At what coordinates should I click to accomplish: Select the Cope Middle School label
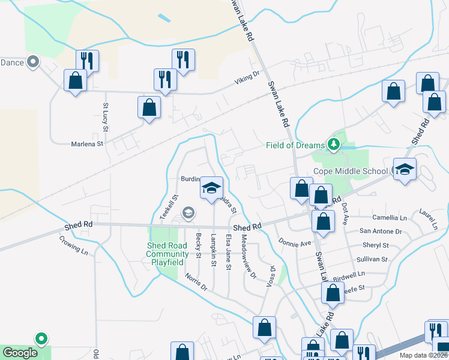click(351, 171)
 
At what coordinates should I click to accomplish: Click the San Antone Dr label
click(381, 231)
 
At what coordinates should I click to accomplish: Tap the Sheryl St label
click(376, 245)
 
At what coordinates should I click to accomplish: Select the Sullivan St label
click(373, 260)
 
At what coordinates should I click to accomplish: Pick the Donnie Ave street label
click(295, 243)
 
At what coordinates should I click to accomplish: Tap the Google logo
click(20, 353)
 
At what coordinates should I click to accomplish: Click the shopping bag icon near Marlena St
click(149, 109)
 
